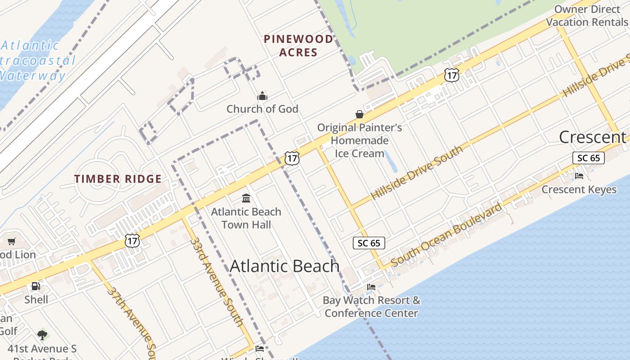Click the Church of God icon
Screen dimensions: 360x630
[x=262, y=96]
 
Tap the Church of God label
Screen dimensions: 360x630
[x=262, y=109]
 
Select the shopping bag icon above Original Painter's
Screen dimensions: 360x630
[x=360, y=114]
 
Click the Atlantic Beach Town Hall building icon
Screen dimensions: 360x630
[x=246, y=198]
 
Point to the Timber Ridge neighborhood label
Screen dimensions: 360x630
[x=118, y=179]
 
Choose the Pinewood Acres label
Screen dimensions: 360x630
[x=298, y=45]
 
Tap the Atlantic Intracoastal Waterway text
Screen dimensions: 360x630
[x=36, y=60]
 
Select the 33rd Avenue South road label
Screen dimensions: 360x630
[x=217, y=282]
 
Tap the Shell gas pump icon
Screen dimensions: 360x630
[x=36, y=286]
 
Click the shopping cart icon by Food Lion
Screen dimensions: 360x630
[x=12, y=242]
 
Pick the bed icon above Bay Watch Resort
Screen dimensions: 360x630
[x=371, y=287]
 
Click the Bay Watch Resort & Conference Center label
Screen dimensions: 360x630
[x=371, y=306]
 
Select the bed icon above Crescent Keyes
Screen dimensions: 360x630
[x=579, y=176]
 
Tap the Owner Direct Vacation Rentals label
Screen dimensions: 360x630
[x=587, y=16]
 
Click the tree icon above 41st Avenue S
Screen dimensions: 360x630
[x=42, y=335]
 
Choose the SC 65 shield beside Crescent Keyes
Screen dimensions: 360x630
[x=589, y=158]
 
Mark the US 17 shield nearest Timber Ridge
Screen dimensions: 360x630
[x=132, y=240]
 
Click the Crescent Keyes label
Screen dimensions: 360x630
[x=579, y=189]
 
